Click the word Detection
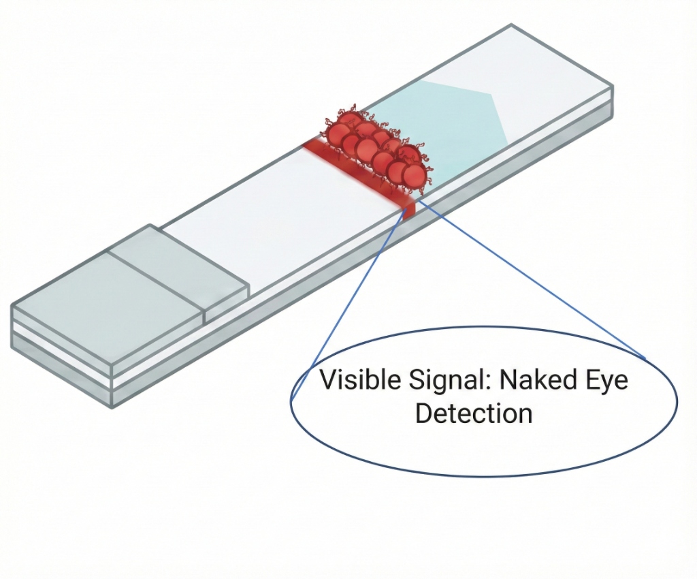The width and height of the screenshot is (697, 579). click(x=474, y=413)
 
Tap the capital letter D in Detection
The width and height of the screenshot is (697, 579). click(x=423, y=413)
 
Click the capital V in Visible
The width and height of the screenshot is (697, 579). click(x=328, y=380)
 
